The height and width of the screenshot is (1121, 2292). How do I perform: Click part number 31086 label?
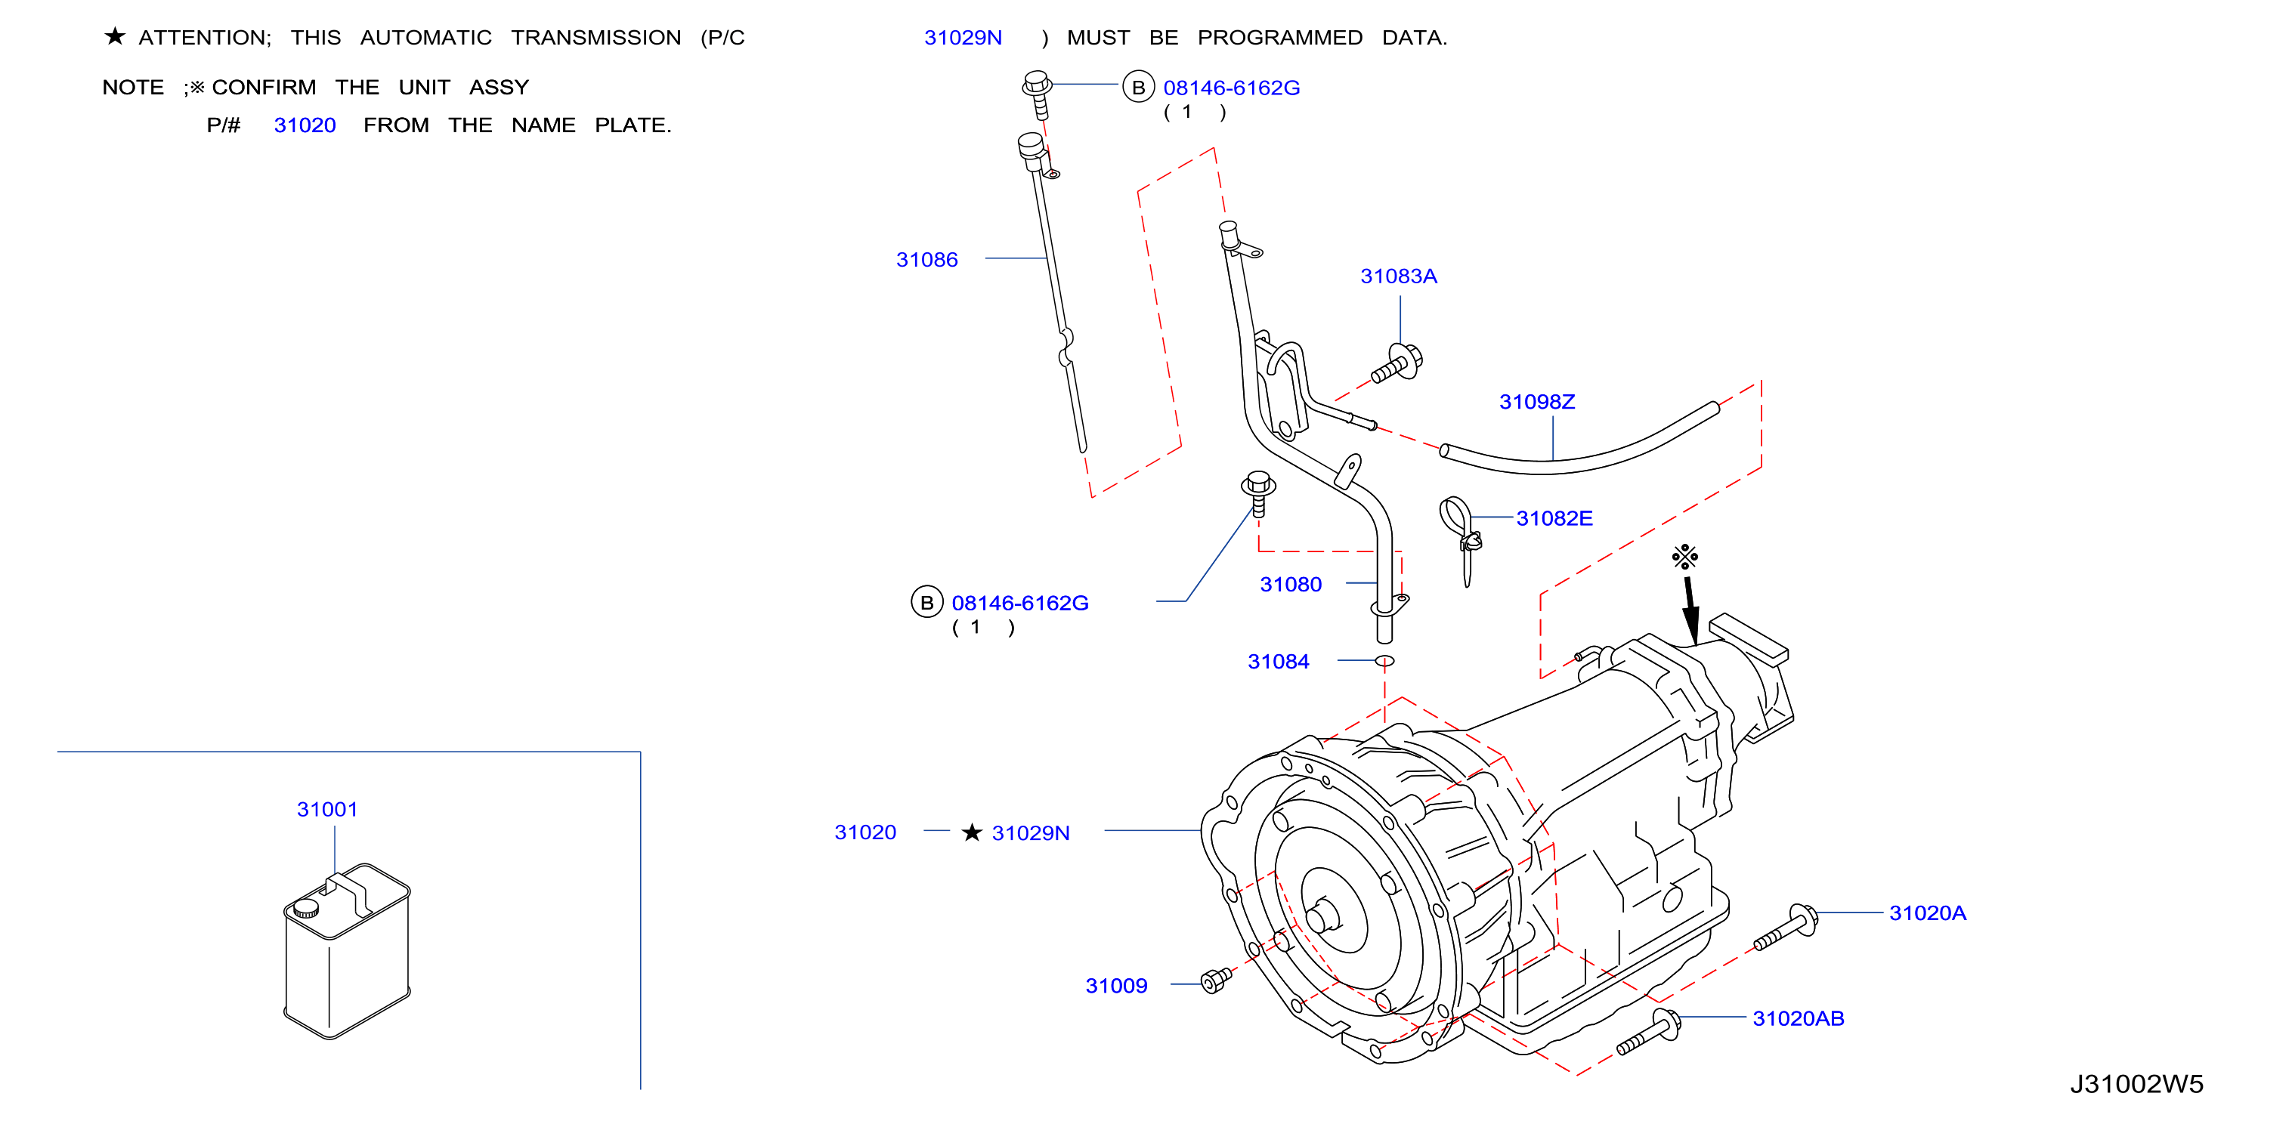[x=926, y=260]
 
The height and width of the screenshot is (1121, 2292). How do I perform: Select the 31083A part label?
[x=1398, y=276]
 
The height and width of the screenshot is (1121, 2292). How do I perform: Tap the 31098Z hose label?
[x=1536, y=402]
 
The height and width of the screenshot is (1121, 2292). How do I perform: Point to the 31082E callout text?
[x=1554, y=519]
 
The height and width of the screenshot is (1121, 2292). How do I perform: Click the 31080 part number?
[x=1290, y=585]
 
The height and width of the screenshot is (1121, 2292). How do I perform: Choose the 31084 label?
[x=1278, y=662]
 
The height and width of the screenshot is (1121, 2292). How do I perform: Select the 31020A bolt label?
[x=1927, y=913]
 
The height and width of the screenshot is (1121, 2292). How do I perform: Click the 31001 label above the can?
[x=326, y=810]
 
